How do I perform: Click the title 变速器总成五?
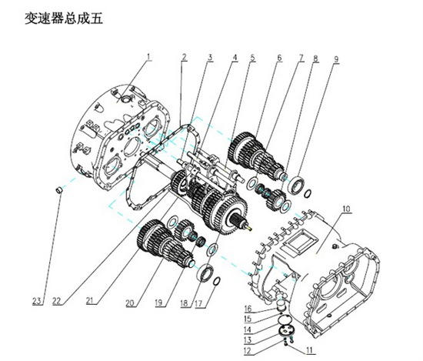pos(64,18)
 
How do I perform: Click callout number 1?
pos(149,57)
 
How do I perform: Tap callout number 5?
pos(252,58)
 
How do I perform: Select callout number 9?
pos(336,59)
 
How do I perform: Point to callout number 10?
pos(346,209)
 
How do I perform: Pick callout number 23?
pos(37,301)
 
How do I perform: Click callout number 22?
pos(57,301)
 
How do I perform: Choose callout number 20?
pos(130,303)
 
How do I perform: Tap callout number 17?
pos(198,303)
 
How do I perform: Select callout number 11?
pos(309,350)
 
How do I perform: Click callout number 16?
pos(248,309)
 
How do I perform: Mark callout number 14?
pos(248,329)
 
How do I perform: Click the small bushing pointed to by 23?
pos(59,190)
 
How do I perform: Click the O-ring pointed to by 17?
pos(217,281)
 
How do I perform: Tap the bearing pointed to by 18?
pos(205,273)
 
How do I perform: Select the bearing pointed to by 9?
pos(296,184)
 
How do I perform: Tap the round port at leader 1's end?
pos(126,99)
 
